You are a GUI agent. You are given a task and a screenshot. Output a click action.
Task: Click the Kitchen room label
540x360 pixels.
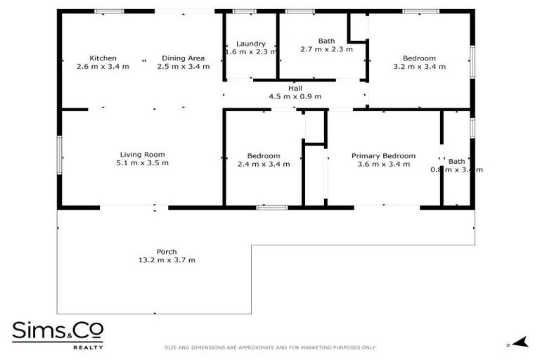click(x=103, y=58)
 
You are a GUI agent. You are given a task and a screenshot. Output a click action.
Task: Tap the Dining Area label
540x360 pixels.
click(x=183, y=58)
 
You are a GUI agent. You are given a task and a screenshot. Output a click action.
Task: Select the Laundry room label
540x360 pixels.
click(x=250, y=43)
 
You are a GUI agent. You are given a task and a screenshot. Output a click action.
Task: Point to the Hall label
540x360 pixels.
click(x=295, y=88)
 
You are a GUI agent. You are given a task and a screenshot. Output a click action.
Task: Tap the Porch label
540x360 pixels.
click(x=167, y=252)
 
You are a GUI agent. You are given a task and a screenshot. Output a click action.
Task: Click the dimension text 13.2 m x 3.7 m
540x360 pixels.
click(x=167, y=260)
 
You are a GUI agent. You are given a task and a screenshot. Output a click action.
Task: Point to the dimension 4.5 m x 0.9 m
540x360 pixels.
click(x=295, y=96)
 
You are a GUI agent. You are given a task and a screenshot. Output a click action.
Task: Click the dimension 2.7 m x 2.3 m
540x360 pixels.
click(x=326, y=49)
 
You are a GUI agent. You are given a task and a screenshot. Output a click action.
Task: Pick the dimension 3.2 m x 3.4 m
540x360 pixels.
click(x=419, y=66)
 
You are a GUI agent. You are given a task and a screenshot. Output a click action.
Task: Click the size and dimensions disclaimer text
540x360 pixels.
click(x=270, y=347)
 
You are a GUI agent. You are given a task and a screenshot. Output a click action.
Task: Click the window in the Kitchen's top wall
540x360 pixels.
click(x=109, y=11)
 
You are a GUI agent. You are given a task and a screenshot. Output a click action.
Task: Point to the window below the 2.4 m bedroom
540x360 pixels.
click(x=271, y=207)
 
